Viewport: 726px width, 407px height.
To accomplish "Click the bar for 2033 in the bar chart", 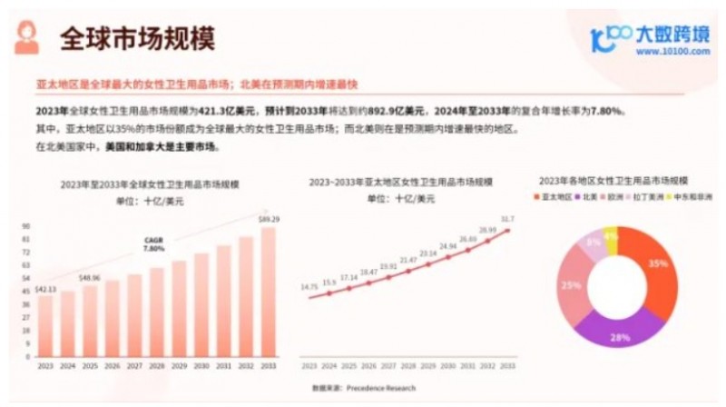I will [x=270, y=292].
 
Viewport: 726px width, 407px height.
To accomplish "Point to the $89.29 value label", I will [x=270, y=219].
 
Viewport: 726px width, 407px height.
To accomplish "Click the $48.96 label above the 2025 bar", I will [x=89, y=277].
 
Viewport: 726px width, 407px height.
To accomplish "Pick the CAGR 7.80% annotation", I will [x=154, y=244].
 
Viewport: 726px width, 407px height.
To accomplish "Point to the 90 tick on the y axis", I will [x=26, y=226].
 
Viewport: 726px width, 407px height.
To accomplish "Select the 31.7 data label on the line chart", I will [x=507, y=219].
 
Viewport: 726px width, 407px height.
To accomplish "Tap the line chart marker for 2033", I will [x=507, y=231].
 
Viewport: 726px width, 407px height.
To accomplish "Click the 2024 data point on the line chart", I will [x=329, y=293].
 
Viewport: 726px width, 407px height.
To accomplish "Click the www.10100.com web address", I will [x=672, y=52].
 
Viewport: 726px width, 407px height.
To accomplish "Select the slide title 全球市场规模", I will [x=137, y=39].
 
